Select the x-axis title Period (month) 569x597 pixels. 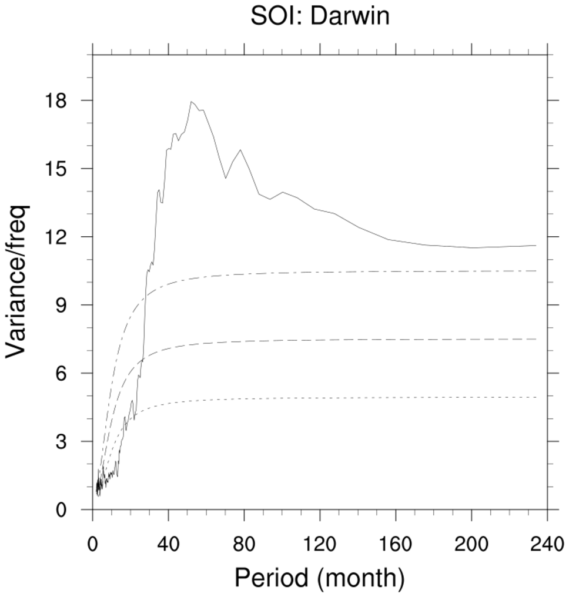click(320, 578)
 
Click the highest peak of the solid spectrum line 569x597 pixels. click(191, 102)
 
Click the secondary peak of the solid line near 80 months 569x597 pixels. click(240, 150)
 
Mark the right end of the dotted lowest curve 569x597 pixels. click(536, 397)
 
